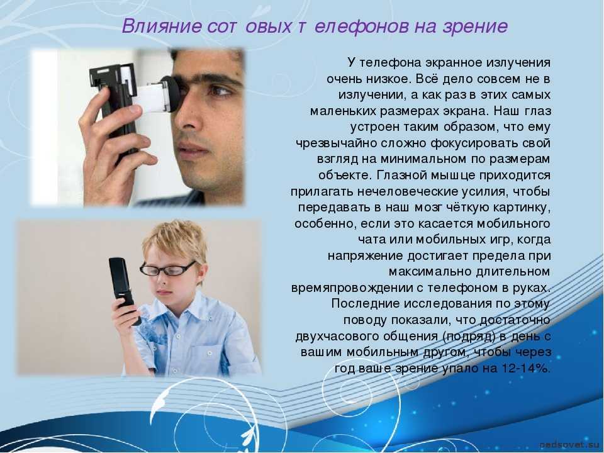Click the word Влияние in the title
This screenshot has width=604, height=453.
162,26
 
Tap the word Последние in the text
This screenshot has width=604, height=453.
366,304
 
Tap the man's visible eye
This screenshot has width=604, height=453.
219,91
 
